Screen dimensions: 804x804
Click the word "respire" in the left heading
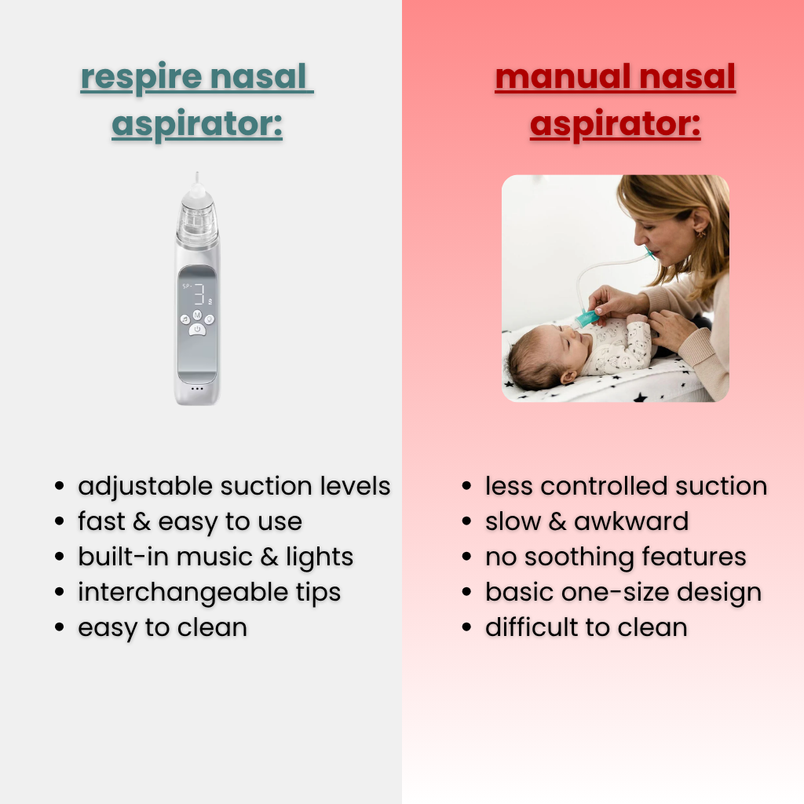[136, 79]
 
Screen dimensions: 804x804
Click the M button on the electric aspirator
[196, 316]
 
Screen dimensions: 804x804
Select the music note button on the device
[184, 319]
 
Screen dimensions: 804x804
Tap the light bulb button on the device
[210, 319]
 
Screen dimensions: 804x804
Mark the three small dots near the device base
[196, 388]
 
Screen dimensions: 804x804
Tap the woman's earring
[700, 233]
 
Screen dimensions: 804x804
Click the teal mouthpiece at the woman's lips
[648, 253]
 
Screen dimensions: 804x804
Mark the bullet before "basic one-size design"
[467, 592]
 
